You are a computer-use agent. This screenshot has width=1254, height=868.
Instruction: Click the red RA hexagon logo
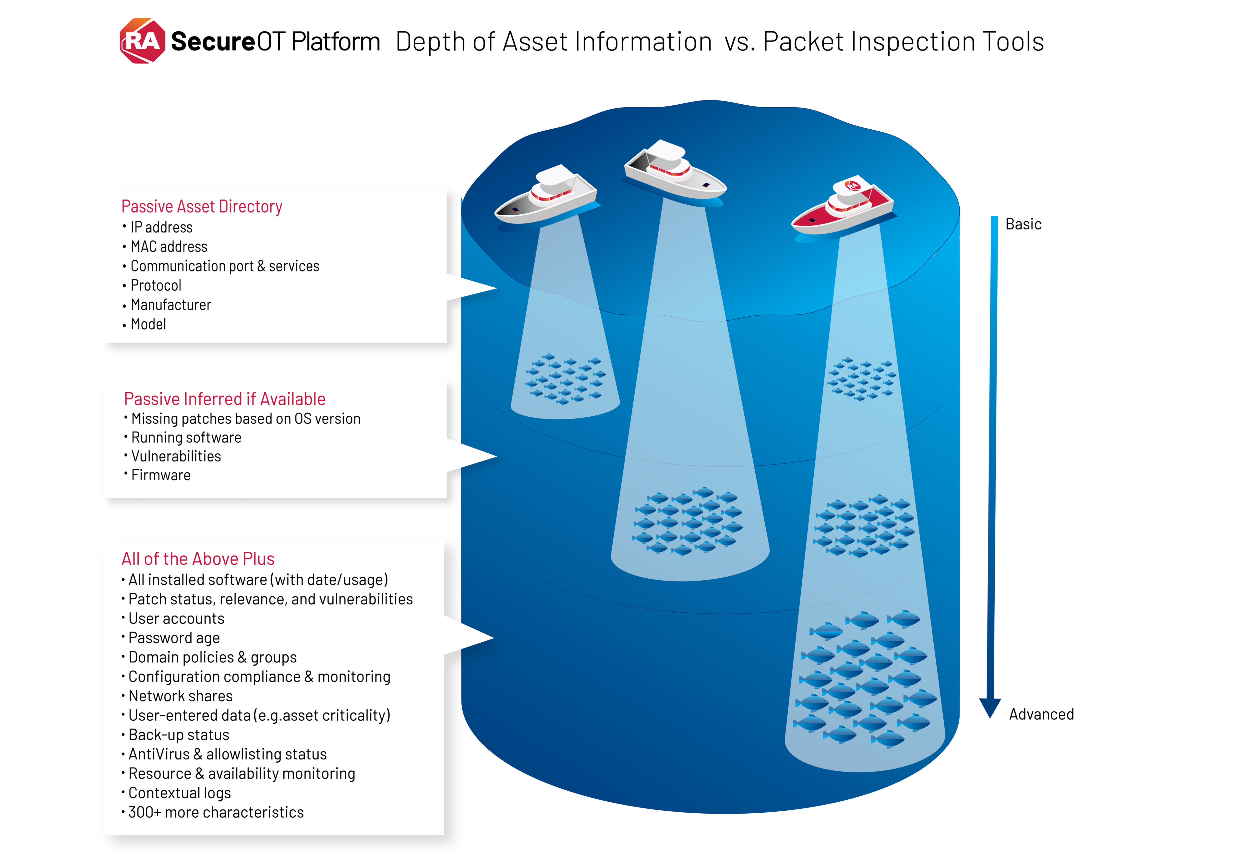click(142, 41)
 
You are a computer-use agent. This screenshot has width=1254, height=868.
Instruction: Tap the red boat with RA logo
click(843, 208)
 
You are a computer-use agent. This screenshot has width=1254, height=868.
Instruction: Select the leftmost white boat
click(546, 197)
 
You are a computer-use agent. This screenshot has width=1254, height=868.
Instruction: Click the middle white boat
click(674, 173)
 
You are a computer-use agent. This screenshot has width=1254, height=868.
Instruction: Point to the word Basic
click(1023, 224)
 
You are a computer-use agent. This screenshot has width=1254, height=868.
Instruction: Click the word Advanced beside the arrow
click(1041, 714)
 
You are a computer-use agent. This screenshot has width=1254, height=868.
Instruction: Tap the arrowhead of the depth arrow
click(990, 708)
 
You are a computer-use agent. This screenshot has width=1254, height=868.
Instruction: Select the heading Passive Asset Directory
click(202, 207)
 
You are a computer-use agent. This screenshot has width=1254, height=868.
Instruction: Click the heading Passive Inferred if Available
click(225, 399)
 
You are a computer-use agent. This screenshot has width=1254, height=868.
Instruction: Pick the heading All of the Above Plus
click(198, 559)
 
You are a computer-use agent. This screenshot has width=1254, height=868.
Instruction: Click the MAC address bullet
click(169, 247)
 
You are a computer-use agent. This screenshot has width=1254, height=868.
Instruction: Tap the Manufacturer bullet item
click(171, 305)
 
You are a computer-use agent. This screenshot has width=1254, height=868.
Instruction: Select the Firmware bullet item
click(161, 475)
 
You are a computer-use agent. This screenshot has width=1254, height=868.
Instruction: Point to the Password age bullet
click(174, 638)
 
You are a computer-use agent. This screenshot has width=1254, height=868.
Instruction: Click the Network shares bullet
click(180, 696)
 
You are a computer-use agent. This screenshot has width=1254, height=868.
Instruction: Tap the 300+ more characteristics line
click(216, 813)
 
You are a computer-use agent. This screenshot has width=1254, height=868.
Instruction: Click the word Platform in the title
click(335, 42)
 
